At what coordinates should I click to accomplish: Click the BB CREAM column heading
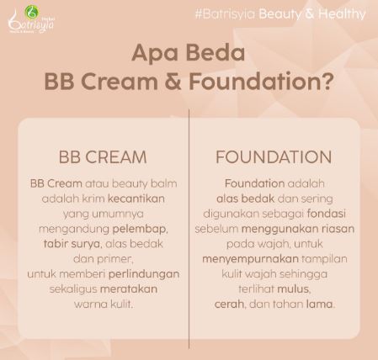103,157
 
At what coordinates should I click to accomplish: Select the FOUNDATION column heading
273,157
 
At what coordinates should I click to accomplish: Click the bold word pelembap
140,228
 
